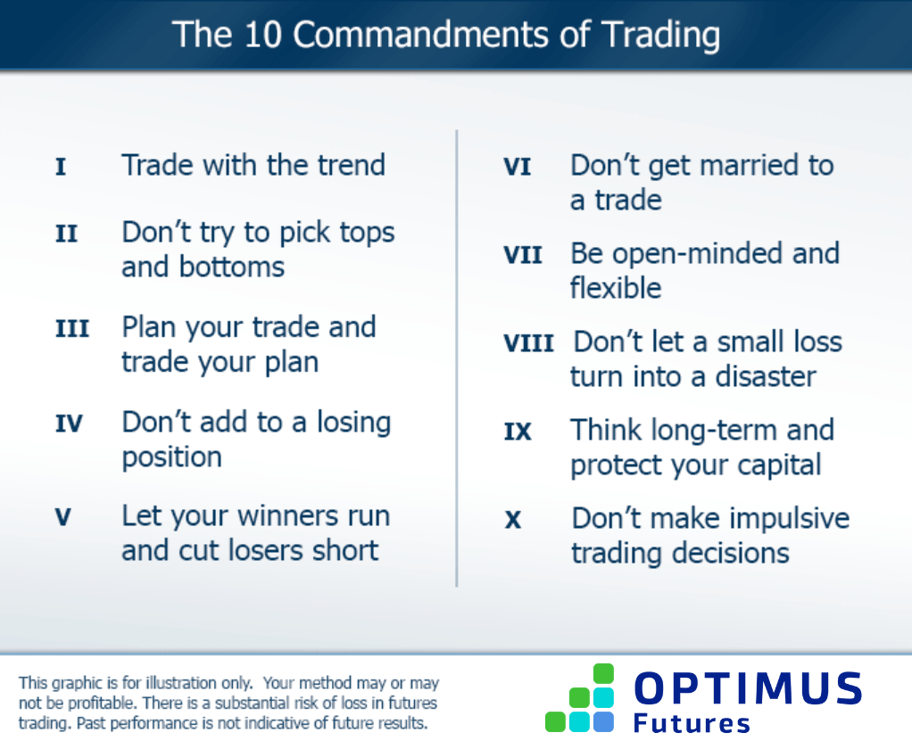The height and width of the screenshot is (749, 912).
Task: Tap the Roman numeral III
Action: (x=72, y=329)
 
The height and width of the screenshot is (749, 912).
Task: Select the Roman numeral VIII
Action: (x=528, y=343)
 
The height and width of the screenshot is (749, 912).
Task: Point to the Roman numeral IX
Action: (x=518, y=432)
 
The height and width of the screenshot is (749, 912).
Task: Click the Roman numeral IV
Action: (x=70, y=424)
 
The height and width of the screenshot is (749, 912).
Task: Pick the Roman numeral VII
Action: (x=523, y=255)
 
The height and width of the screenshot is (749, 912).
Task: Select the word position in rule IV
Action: (x=171, y=457)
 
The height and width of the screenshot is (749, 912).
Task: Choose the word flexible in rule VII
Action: (x=616, y=288)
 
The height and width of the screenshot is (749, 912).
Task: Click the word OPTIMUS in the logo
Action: (x=748, y=689)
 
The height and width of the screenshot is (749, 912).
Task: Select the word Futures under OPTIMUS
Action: (x=692, y=723)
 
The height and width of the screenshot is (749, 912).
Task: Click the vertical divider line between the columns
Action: (x=457, y=357)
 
